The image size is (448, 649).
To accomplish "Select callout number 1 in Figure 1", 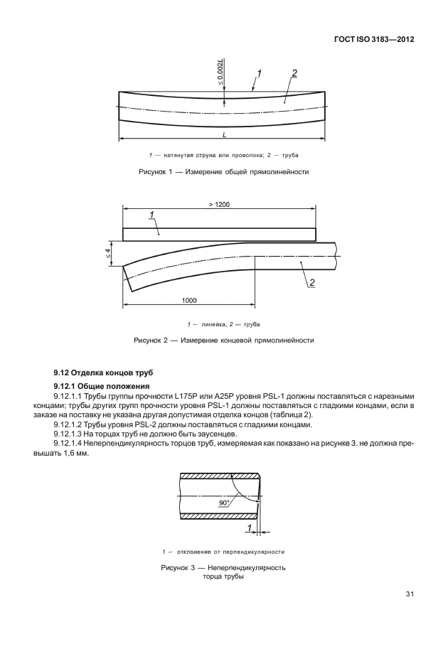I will [259, 73].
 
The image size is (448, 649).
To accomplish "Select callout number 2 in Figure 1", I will [294, 73].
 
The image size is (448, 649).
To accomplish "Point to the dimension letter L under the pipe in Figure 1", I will [223, 134].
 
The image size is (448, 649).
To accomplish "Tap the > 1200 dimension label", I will [219, 204].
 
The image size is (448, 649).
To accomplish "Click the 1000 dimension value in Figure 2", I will [188, 301].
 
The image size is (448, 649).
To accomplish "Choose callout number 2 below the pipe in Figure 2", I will [311, 284].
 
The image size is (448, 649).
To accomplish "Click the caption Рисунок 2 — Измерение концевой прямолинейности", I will [223, 340].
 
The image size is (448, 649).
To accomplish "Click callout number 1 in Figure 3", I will [250, 527].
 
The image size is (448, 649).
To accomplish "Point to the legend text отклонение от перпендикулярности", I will [228, 552].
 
